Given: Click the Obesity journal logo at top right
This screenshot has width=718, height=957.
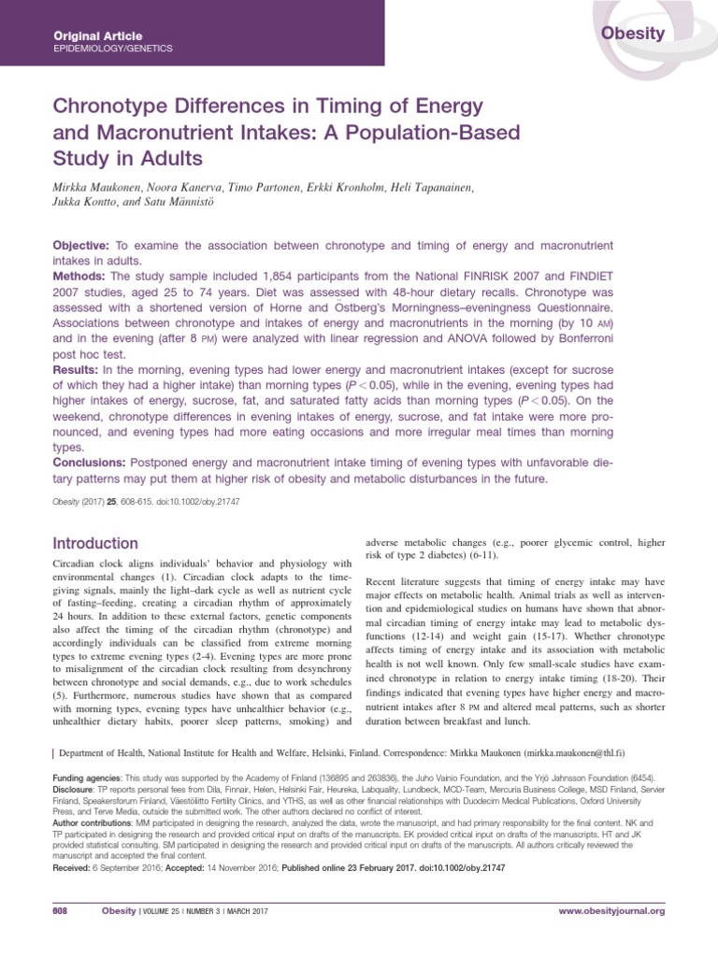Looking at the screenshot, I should (633, 34).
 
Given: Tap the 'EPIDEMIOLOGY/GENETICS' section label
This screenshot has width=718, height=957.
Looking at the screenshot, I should (113, 48).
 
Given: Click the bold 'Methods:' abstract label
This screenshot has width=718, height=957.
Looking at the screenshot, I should (80, 278).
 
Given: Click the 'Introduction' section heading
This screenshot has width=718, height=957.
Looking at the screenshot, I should (95, 544).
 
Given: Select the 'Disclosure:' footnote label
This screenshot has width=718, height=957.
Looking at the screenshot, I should (75, 789).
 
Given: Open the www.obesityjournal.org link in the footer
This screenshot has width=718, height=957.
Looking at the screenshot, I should (611, 910).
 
